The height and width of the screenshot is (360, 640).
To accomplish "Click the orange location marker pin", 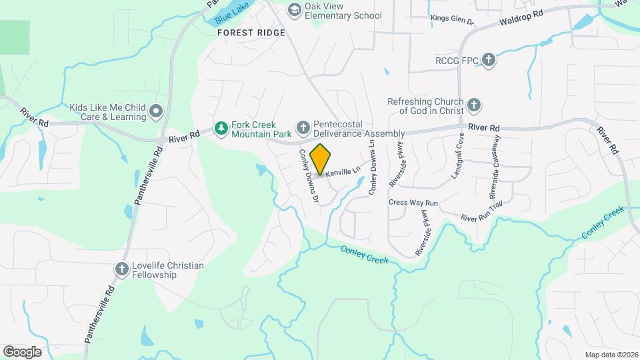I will [321, 159].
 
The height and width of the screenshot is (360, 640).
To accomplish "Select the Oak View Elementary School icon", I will [294, 10].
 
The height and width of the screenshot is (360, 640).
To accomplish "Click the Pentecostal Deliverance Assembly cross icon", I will [303, 127].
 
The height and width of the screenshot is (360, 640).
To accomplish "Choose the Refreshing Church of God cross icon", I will [473, 105].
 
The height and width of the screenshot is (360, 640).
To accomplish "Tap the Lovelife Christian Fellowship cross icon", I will [121, 269].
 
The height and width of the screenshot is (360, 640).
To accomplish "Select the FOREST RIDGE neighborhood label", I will [251, 33].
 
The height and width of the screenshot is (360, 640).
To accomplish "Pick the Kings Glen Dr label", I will [452, 20].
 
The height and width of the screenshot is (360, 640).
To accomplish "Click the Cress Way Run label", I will [413, 202].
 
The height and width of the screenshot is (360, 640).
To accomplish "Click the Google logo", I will [23, 351].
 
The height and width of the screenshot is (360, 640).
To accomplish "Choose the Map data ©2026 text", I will [611, 354].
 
